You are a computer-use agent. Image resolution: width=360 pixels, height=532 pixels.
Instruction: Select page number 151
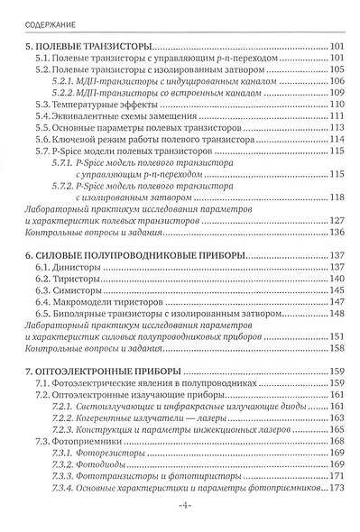pyautogui.click(x=338, y=337)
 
